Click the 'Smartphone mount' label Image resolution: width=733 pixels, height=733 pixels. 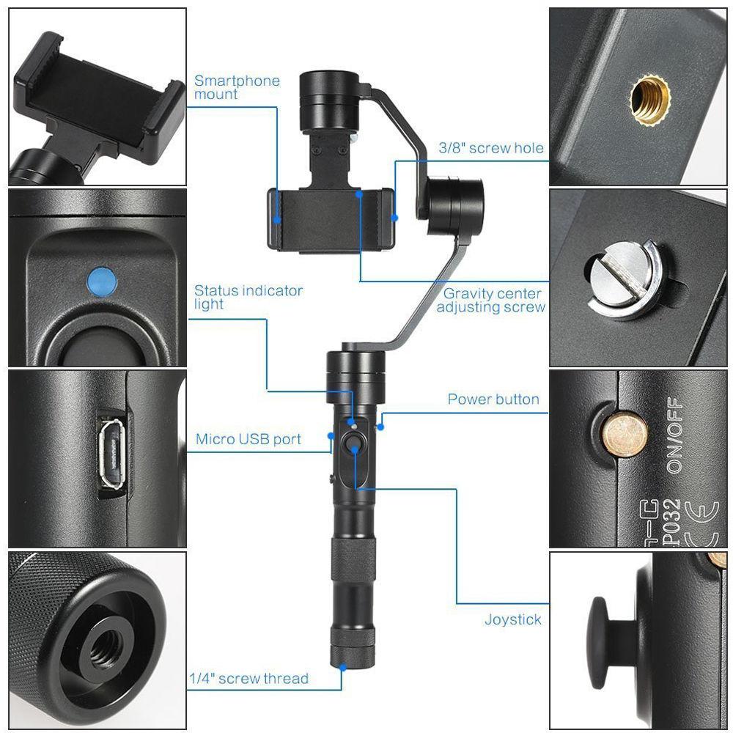click(x=237, y=87)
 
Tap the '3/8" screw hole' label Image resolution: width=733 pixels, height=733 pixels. click(x=491, y=148)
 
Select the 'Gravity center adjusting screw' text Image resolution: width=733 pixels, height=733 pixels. click(x=492, y=301)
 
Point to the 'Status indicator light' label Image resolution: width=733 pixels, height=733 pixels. click(x=248, y=297)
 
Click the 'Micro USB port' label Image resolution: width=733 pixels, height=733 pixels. click(x=248, y=440)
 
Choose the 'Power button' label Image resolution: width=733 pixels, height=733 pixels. click(x=493, y=399)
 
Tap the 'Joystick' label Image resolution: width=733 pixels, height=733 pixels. click(x=513, y=619)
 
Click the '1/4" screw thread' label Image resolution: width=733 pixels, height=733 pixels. click(x=248, y=679)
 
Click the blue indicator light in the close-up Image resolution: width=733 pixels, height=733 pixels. click(x=101, y=281)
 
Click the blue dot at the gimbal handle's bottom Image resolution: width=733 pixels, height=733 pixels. click(x=342, y=665)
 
